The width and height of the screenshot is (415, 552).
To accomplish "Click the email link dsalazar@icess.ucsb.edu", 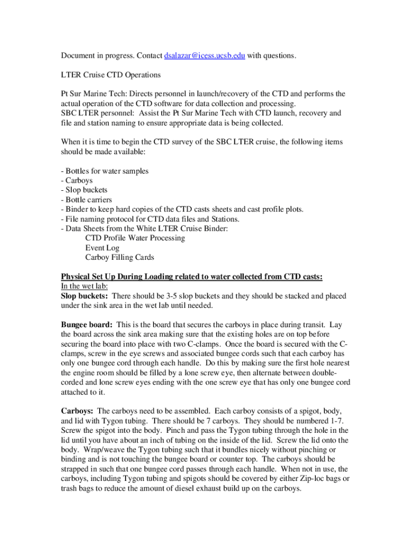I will [x=205, y=56].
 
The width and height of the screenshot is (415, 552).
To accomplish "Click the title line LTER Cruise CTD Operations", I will [x=110, y=74].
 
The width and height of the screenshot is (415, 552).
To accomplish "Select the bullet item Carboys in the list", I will [x=78, y=181].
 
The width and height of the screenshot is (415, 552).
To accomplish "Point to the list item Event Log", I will [x=102, y=248].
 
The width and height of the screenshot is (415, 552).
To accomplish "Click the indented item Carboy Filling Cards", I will [x=120, y=258].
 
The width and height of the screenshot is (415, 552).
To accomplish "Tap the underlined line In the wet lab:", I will [x=85, y=287].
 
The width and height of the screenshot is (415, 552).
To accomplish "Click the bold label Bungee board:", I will [x=87, y=325].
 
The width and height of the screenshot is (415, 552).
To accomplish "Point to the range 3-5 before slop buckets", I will [x=182, y=296].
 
